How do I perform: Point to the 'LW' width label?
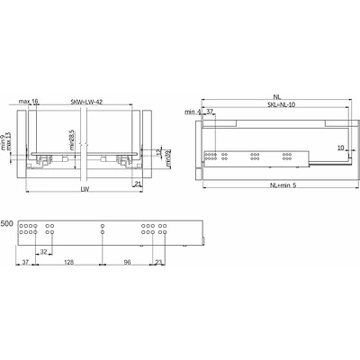click(x=84, y=190)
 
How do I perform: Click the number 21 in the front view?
click(x=138, y=184)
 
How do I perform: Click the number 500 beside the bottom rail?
click(x=6, y=222)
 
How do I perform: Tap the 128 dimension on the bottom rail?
click(x=70, y=263)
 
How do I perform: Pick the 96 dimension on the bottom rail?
click(x=127, y=263)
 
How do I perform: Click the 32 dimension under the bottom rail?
click(x=43, y=253)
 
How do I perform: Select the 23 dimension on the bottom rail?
click(x=158, y=263)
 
